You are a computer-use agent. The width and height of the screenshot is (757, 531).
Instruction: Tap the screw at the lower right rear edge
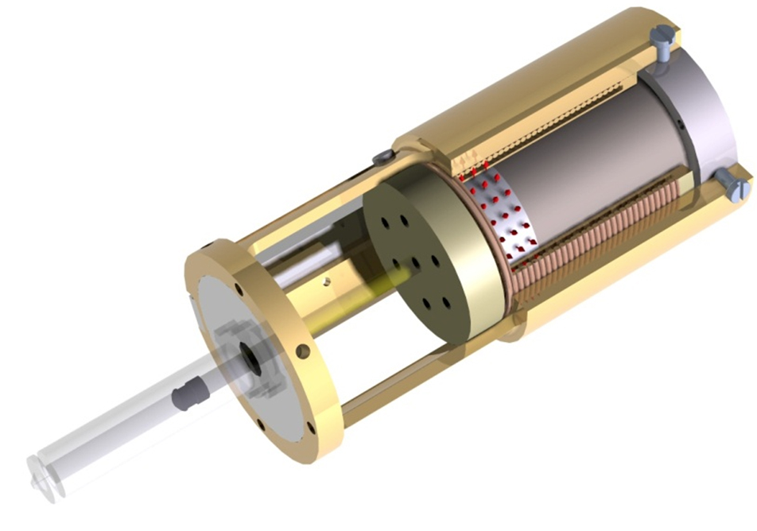tap(735, 188)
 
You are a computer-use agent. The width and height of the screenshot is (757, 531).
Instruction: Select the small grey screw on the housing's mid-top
tap(382, 156)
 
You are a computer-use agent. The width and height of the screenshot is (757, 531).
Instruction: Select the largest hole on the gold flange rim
tap(301, 351)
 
